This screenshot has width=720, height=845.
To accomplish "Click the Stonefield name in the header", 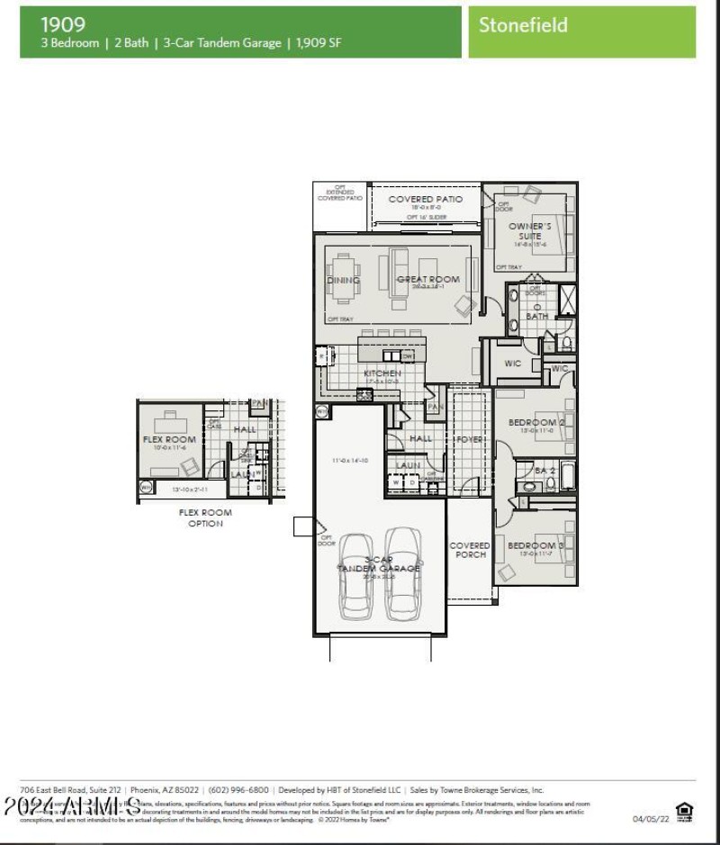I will click(x=523, y=25).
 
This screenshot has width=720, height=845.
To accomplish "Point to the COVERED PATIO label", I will click(x=425, y=199).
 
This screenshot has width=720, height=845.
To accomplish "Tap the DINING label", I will click(x=343, y=280).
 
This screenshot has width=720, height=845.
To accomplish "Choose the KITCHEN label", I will click(x=382, y=373).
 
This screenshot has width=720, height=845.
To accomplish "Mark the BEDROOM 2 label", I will click(x=535, y=422).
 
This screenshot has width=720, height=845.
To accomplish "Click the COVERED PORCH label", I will click(x=470, y=550).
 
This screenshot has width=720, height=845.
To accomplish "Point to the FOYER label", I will click(x=471, y=439).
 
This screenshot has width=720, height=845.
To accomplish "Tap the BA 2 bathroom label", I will click(x=545, y=470).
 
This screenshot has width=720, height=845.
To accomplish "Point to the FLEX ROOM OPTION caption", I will click(x=205, y=518).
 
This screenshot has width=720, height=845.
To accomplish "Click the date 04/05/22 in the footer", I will click(x=651, y=819).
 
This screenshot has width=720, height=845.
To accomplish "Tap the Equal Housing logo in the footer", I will click(x=685, y=813).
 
